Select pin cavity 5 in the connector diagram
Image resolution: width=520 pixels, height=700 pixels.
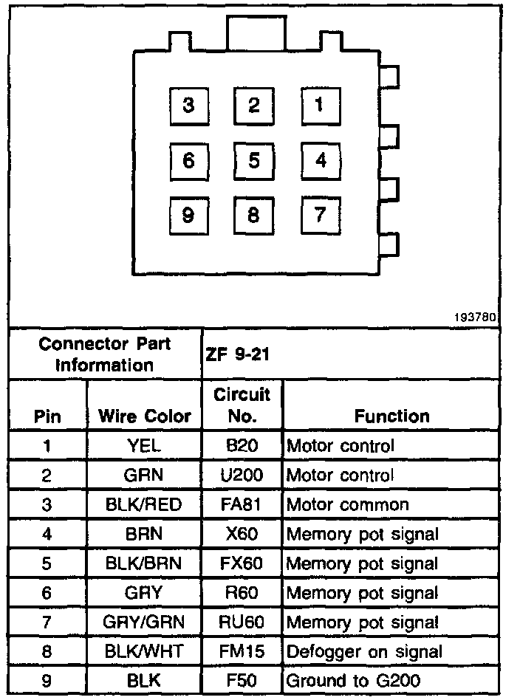tap(254, 161)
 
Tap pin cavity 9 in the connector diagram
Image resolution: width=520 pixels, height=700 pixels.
tap(188, 216)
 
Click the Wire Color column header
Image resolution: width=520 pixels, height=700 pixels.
tap(145, 416)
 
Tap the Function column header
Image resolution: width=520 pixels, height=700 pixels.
tap(391, 416)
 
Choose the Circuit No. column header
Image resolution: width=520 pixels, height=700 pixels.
tap(242, 405)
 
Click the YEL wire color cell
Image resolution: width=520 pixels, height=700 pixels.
tap(144, 446)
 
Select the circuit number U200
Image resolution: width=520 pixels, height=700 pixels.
tap(242, 476)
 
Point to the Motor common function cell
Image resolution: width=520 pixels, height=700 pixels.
tap(347, 505)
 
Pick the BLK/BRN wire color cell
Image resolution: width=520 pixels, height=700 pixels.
tap(144, 564)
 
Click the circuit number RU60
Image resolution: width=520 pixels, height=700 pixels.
tap(242, 622)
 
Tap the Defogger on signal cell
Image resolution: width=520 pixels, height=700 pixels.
tap(364, 651)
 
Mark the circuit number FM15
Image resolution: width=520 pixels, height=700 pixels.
tap(242, 651)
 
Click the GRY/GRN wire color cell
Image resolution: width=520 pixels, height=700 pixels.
tap(144, 622)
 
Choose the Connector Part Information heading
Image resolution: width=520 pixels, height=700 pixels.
tap(105, 354)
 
